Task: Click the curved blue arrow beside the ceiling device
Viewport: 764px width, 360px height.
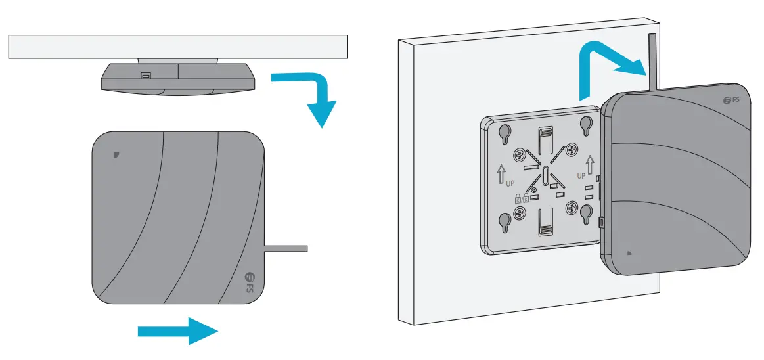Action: click(309, 92)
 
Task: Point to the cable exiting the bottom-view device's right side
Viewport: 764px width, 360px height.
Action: click(286, 248)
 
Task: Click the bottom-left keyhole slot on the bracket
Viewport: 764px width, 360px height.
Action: click(505, 221)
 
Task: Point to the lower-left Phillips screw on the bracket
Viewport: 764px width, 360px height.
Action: click(520, 212)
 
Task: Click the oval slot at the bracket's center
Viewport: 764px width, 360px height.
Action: click(545, 176)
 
